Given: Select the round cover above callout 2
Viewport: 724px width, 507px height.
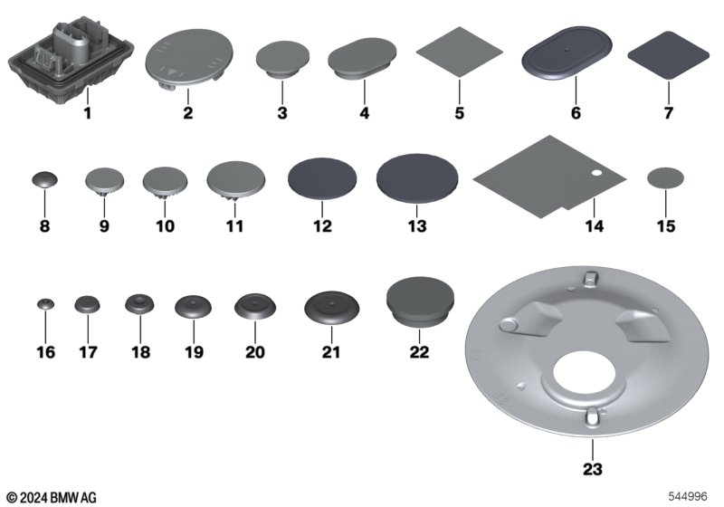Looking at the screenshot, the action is pyautogui.click(x=189, y=59).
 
